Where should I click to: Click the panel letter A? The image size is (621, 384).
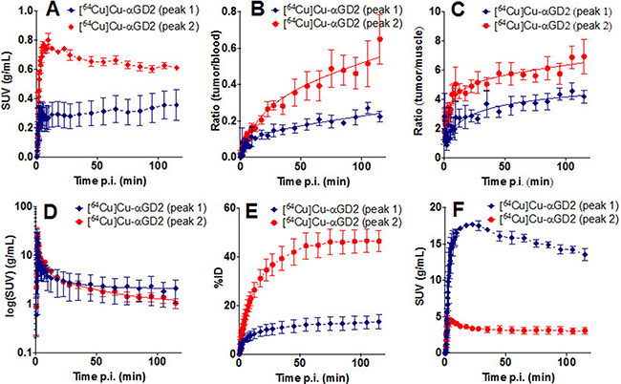tap(53, 10)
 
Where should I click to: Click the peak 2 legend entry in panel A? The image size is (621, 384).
tap(134, 27)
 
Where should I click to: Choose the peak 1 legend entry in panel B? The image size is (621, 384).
tap(336, 10)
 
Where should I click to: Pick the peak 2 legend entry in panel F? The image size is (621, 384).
tap(551, 219)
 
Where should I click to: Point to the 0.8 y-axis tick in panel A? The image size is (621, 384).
tap(24, 40)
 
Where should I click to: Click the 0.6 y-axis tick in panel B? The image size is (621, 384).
tap(227, 48)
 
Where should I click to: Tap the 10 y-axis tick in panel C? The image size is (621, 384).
tap(435, 11)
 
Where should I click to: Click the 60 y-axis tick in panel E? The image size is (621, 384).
tap(229, 208)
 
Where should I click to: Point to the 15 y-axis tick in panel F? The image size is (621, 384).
tap(434, 244)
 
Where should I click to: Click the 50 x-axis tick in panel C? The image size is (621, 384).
tap(504, 166)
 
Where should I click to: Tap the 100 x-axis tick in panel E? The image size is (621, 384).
tap(360, 362)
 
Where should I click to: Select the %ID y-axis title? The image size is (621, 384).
tap(220, 279)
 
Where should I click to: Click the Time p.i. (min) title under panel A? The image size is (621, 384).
tap(110, 181)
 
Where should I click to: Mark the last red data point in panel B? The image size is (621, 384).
tap(379, 39)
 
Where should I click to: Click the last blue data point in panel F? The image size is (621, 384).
tap(585, 255)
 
